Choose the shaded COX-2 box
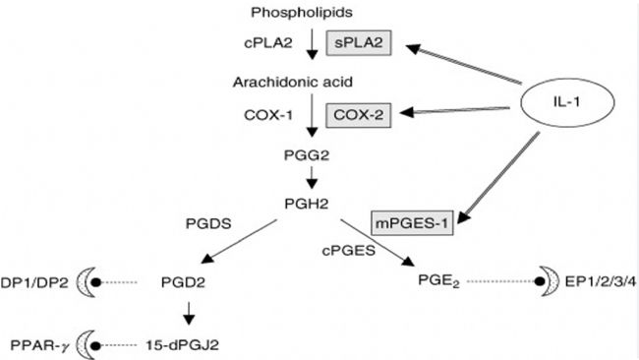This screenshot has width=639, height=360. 361,115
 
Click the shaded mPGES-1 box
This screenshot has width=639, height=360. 410,223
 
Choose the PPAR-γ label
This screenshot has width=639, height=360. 36,345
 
